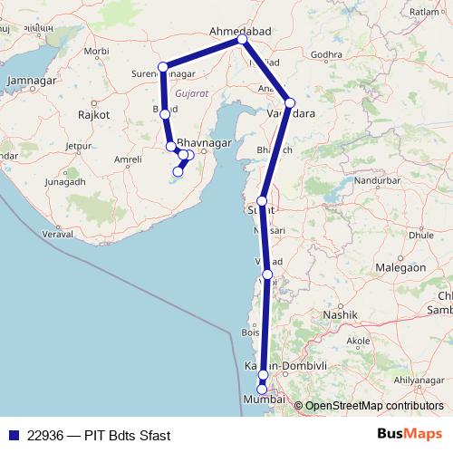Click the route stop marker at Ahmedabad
point(242,40)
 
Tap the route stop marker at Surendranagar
point(163,67)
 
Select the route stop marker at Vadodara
point(290,102)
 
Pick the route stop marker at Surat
point(262,201)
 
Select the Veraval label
point(59,234)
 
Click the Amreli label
point(102,159)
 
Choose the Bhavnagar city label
point(205,143)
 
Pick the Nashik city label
point(345,313)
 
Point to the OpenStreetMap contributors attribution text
point(374,406)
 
